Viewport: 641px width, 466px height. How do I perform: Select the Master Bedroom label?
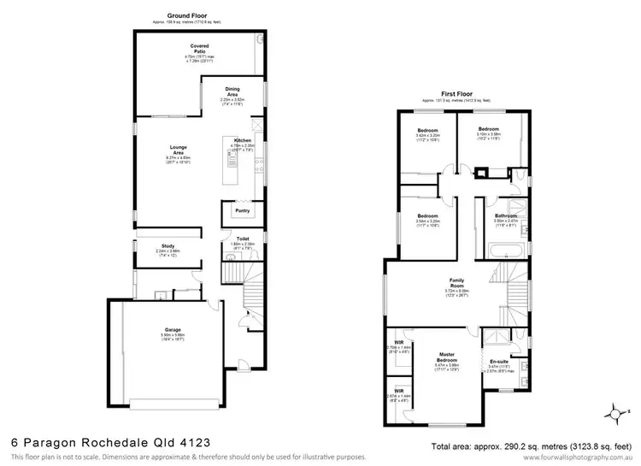[444, 357]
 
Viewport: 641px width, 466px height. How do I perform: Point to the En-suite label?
[497, 362]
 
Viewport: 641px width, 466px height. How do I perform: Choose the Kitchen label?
[242, 139]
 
